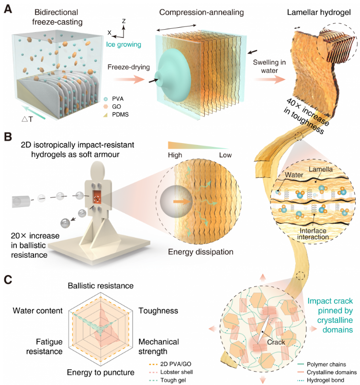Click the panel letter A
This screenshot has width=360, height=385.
point(8,8)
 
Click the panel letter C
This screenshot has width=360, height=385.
point(8,279)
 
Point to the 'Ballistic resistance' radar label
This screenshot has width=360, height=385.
point(100,286)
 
